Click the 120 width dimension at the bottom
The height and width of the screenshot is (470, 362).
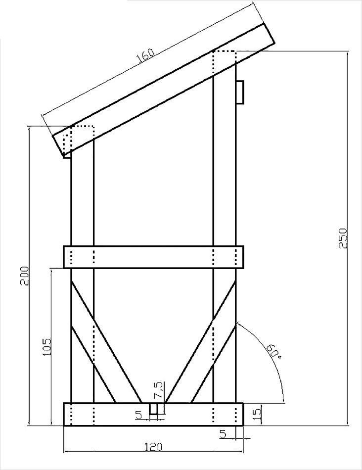coord(153,447)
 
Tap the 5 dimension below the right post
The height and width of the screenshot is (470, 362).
coord(223,434)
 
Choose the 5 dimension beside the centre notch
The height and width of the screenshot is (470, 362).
coord(139,414)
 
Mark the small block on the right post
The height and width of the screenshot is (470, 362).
coord(240,92)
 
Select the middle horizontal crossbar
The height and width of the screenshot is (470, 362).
coord(153,257)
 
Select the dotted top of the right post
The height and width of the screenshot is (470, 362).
coord(224,57)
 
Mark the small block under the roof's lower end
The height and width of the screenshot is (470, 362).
coord(68,154)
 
